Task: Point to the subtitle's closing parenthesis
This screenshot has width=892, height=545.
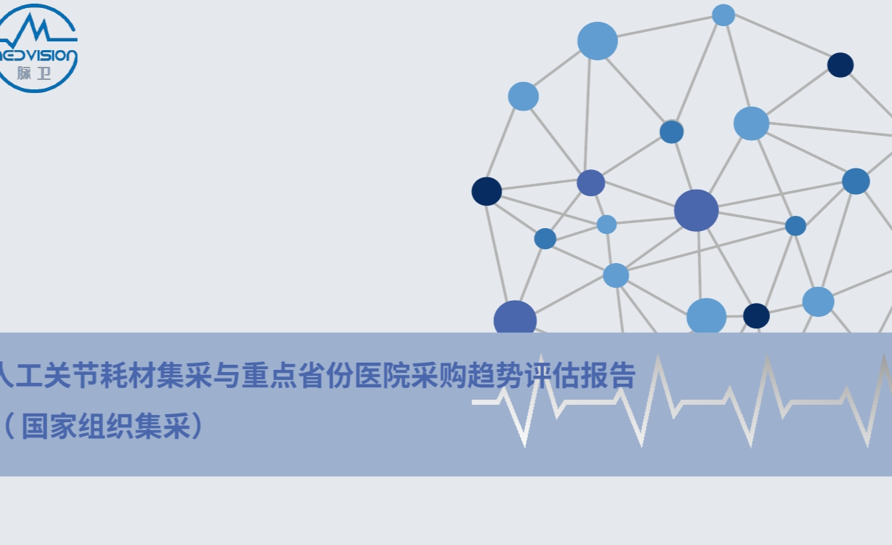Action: (197, 427)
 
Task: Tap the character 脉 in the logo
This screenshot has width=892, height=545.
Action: (24, 73)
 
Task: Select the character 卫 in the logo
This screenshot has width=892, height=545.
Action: (44, 73)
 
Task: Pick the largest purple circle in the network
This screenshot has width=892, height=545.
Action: (696, 210)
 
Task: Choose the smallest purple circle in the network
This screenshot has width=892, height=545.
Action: (591, 183)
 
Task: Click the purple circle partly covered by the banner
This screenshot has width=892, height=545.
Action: (515, 317)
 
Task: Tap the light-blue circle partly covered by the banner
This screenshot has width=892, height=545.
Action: (707, 315)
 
